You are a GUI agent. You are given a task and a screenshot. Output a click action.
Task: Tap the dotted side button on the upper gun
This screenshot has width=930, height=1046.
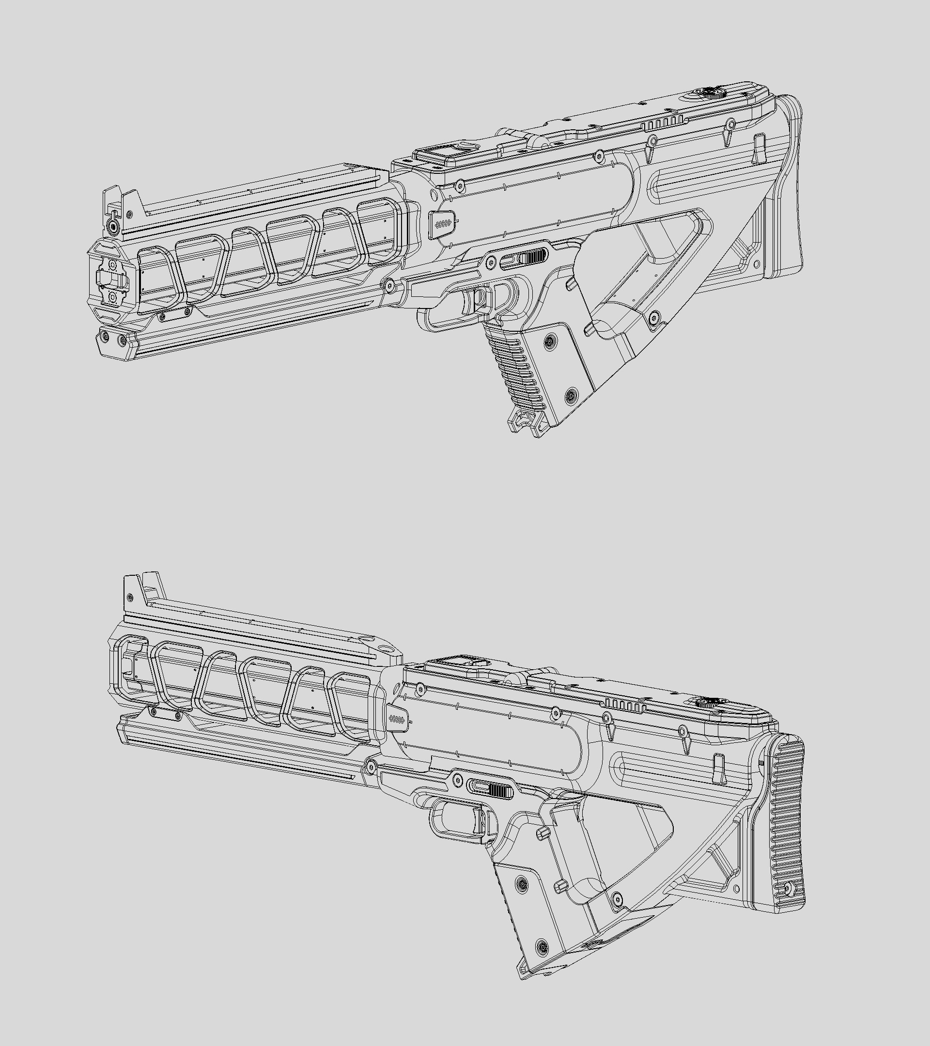point(442,224)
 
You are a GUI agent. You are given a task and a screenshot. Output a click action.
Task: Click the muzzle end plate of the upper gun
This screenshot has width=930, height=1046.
point(111,279)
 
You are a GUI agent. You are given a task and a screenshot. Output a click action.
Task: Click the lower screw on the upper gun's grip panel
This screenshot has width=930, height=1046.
point(571,395)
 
